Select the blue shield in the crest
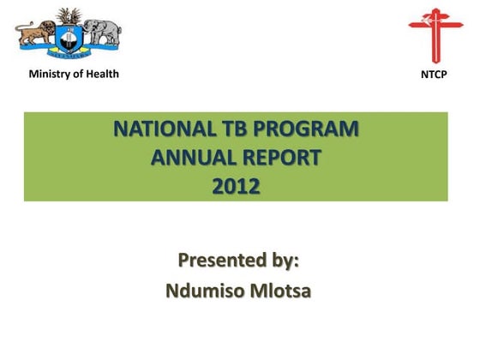pos(66,39)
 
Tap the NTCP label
pos(434,75)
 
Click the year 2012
pos(236,185)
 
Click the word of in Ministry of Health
pos(77,73)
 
